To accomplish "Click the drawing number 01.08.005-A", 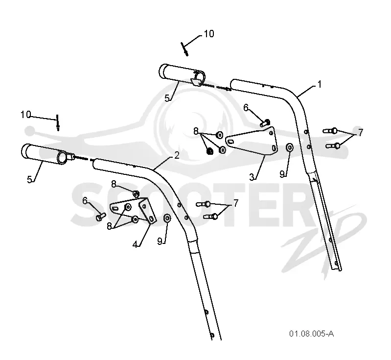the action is point(311,334).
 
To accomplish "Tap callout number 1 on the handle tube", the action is point(320,84).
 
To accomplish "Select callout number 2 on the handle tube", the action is point(177,155).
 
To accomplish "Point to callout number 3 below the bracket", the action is point(252,177).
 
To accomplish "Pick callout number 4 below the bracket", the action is point(135,244).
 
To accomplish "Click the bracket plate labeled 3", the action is point(251,141).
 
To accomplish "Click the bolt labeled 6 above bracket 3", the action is point(265,122).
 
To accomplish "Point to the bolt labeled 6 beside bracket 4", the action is point(101,216).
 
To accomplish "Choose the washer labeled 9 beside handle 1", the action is point(290,147).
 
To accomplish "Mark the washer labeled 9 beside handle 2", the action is point(167,218).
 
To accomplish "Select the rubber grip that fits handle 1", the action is point(182,75).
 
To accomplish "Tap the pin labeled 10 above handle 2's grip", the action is point(58,122).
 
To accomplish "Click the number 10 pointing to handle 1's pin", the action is point(209,34).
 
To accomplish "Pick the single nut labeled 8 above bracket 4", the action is point(136,194).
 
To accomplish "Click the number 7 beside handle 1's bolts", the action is point(361,133).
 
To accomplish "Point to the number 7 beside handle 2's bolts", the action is point(236,203).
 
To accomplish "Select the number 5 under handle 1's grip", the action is point(167,98).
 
